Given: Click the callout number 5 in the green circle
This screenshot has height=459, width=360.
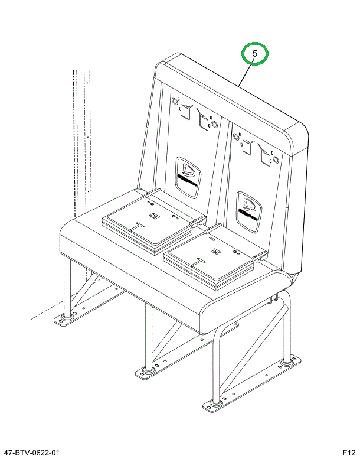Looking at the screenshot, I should [x=255, y=54].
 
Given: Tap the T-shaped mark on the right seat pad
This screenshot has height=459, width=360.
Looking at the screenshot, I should [x=201, y=258].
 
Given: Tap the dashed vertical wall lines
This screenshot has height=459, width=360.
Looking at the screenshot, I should [x=81, y=142].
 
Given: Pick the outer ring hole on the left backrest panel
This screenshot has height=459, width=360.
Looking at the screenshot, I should [x=175, y=101].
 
